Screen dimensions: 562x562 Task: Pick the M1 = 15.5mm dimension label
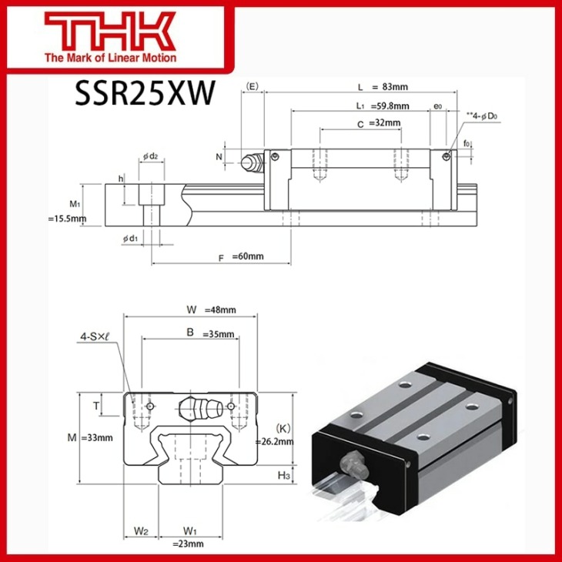click(67, 212)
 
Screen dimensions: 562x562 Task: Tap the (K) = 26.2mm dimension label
click(275, 435)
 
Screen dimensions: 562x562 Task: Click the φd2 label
click(150, 157)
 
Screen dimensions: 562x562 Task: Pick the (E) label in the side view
click(252, 86)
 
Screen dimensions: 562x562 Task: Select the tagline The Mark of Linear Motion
click(110, 58)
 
